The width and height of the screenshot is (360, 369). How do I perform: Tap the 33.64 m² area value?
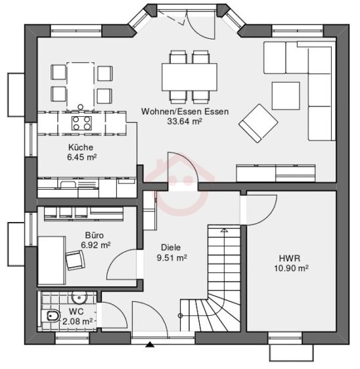click(185, 121)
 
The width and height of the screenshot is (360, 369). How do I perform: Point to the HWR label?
click(289, 258)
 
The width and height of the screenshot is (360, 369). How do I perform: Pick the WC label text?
click(76, 311)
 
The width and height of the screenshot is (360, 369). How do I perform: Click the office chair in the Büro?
click(75, 261)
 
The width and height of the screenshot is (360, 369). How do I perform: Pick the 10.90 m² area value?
click(292, 268)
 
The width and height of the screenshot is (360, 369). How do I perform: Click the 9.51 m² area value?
click(171, 258)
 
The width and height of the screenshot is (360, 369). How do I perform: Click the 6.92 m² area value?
click(95, 244)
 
